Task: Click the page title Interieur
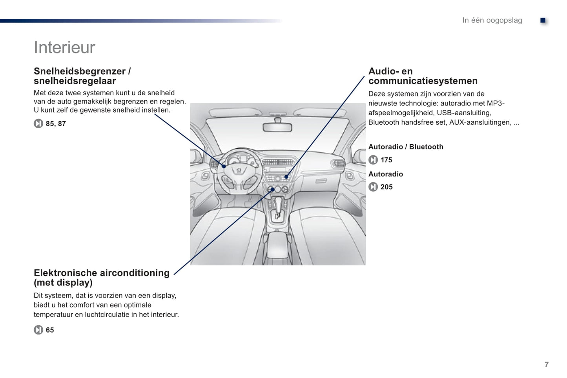pos(64,47)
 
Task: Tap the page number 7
pos(546,364)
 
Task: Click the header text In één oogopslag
pos(492,20)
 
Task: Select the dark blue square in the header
pos(543,20)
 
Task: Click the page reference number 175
pos(386,160)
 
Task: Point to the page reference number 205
pos(386,187)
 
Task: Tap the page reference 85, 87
pos(56,124)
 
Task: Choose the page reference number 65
pos(50,330)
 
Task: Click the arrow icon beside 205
pos(373,187)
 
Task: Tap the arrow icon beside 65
pos(38,330)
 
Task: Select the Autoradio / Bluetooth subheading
pos(405,147)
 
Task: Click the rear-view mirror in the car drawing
pos(278,127)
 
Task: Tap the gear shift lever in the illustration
pos(278,204)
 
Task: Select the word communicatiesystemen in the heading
pos(423,81)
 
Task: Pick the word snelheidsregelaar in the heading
pos(75,81)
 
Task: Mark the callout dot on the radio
pos(286,177)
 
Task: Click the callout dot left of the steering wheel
pos(224,166)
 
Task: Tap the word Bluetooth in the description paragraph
pos(385,122)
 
